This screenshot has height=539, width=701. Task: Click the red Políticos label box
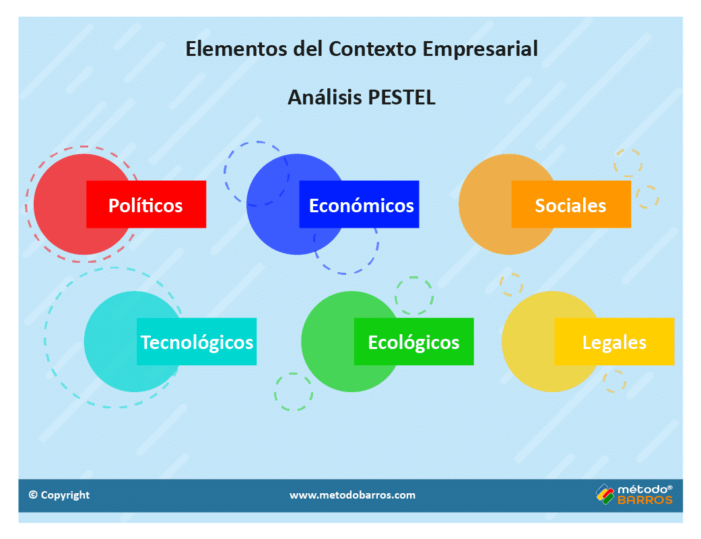(x=146, y=205)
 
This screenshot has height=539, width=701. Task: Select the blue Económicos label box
(x=360, y=205)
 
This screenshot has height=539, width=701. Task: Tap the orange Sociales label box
(x=571, y=205)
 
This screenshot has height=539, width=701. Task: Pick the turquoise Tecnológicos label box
(x=197, y=342)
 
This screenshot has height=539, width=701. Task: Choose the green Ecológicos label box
(x=413, y=342)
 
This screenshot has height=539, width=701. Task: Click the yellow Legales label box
(x=614, y=342)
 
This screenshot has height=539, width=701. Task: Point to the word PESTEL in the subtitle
(x=401, y=97)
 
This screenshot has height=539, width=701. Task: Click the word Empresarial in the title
(x=480, y=49)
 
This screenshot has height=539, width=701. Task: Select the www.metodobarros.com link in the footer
(x=352, y=495)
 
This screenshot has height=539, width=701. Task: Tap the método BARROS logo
(x=634, y=495)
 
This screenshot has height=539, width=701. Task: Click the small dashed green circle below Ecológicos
(x=294, y=391)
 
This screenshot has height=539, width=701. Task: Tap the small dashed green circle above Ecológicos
(x=413, y=295)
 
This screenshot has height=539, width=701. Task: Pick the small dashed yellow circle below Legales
(x=614, y=381)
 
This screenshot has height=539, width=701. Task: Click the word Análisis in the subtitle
(x=325, y=97)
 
